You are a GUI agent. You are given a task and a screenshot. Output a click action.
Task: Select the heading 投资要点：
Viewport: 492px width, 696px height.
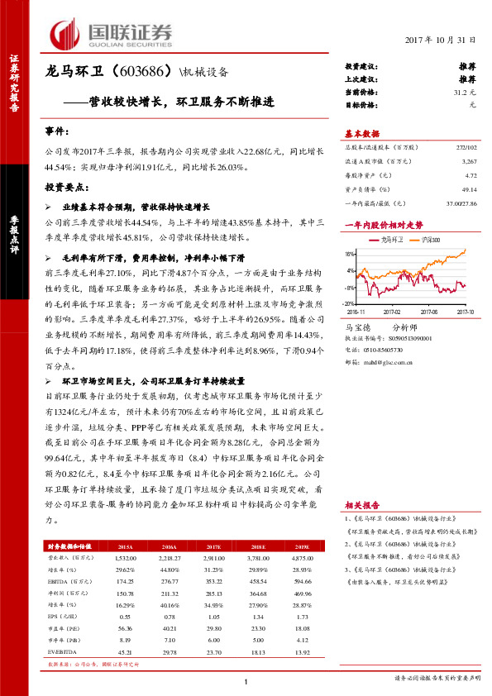pos(64,187)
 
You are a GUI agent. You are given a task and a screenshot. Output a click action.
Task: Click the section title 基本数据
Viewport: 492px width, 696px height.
pos(361,134)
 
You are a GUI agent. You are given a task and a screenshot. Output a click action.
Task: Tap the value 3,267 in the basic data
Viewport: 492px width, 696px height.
pos(469,163)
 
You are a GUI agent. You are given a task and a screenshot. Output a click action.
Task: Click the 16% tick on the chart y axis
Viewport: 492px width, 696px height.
pos(349,255)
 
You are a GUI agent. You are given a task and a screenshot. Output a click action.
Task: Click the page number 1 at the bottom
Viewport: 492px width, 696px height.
pos(246,681)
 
